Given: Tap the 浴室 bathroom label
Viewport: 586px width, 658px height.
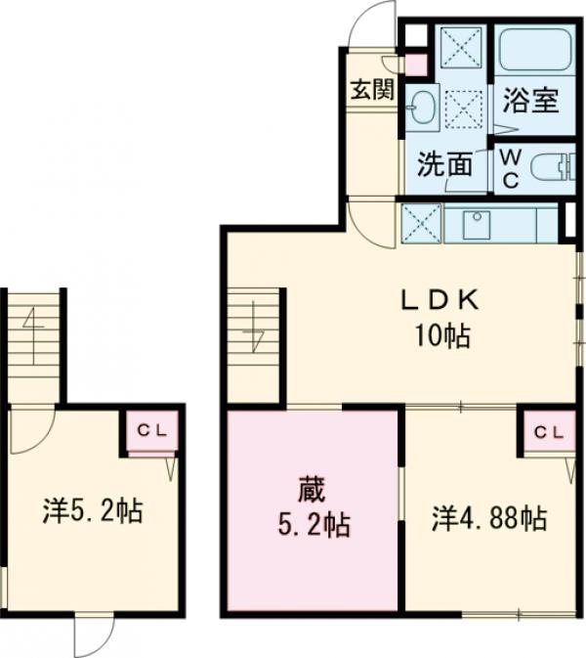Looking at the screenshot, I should [x=531, y=101].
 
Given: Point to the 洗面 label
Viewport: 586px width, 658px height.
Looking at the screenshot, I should [x=444, y=164].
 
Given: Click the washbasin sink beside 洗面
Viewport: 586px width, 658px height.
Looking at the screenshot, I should [x=422, y=107].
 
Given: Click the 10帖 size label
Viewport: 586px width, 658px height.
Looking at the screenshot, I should [x=441, y=338].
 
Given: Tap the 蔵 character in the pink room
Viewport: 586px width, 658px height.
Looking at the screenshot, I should [x=311, y=486].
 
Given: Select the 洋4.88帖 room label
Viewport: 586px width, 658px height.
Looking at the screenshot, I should [x=488, y=516].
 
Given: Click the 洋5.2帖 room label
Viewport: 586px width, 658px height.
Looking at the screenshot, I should [x=93, y=509].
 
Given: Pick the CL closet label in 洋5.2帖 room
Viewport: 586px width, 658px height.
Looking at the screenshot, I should [x=150, y=428].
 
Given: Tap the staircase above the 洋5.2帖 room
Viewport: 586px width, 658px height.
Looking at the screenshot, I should [x=33, y=342].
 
